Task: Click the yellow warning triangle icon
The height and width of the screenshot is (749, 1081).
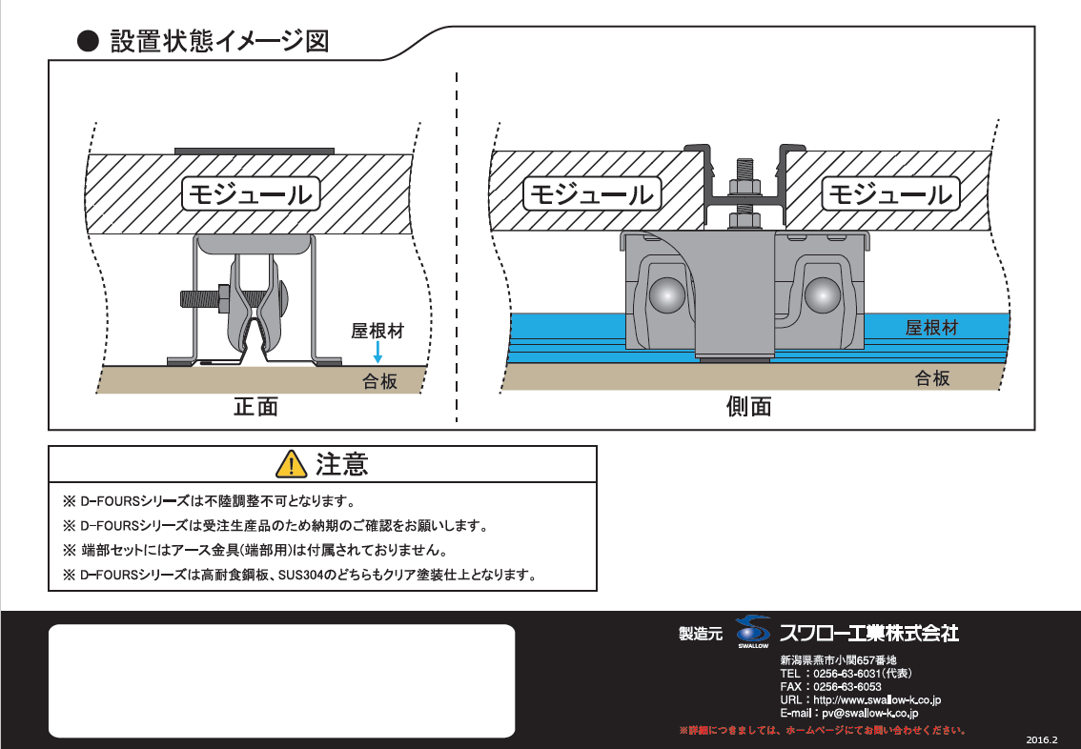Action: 291,464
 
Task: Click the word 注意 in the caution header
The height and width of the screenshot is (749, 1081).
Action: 342,464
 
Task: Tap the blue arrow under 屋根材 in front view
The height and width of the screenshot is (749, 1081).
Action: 377,352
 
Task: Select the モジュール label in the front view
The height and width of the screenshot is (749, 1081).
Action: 251,194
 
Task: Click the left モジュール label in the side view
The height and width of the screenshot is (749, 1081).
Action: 592,194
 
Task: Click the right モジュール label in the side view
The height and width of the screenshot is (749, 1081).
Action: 890,194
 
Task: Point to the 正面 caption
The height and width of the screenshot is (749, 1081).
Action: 255,407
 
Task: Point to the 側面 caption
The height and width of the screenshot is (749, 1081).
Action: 748,407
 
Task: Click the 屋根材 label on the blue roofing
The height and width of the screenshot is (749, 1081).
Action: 932,328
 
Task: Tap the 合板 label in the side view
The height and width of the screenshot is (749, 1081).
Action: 932,377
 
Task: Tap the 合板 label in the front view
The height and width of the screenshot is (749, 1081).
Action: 379,381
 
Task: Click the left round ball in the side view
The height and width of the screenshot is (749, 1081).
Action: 667,294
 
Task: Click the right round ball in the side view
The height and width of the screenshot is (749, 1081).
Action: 823,294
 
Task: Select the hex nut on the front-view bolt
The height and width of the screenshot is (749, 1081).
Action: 224,299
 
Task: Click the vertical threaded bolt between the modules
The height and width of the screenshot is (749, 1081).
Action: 744,192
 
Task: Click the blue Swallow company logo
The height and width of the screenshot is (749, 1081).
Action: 753,631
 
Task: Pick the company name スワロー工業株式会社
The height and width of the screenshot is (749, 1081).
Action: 869,633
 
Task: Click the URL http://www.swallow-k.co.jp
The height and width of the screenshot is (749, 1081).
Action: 877,699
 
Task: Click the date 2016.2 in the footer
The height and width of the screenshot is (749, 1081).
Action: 1042,740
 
